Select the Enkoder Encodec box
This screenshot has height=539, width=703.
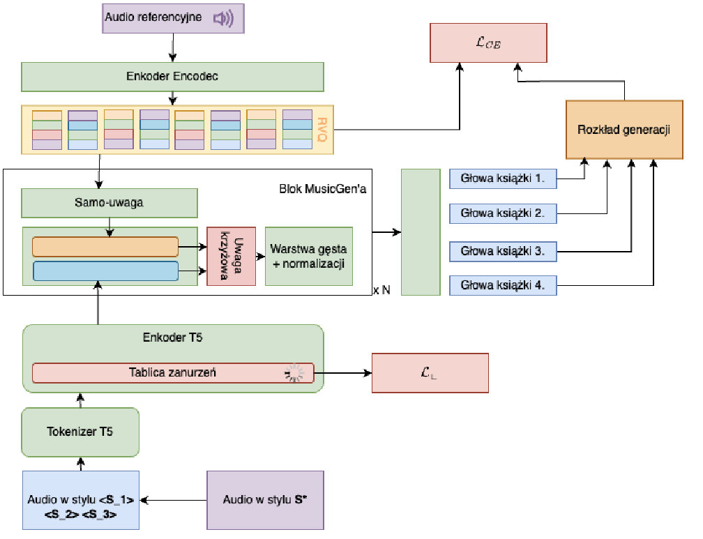172,77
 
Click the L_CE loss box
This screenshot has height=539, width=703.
488,43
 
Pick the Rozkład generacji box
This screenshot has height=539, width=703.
624,130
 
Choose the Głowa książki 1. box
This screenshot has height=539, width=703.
503,179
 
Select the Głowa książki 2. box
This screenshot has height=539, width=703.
503,213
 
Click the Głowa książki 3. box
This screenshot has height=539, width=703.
503,250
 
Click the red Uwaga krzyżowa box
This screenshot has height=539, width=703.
232,256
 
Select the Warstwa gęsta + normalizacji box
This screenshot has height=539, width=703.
309,256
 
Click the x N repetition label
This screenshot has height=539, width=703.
381,290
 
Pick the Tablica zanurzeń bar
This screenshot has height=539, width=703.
173,372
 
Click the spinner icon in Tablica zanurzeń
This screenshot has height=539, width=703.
294,374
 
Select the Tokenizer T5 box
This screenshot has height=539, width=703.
81,432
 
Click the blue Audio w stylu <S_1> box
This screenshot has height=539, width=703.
81,500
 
